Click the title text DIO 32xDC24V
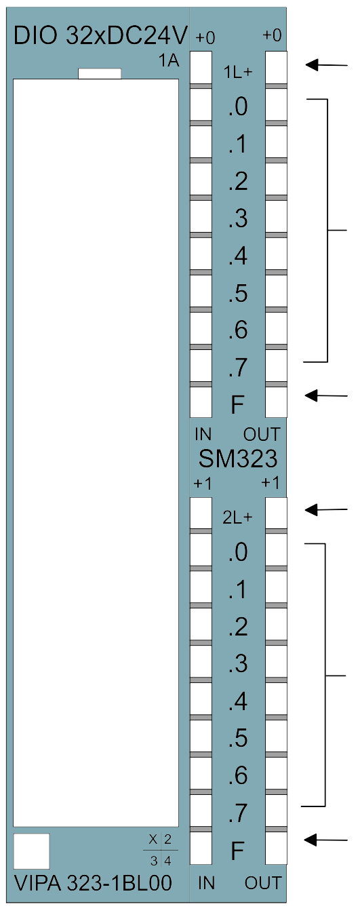pyautogui.click(x=100, y=36)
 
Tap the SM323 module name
pyautogui.click(x=238, y=459)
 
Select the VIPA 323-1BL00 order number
pyautogui.click(x=93, y=882)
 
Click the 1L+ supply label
pyautogui.click(x=238, y=72)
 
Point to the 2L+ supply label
pyautogui.click(x=238, y=518)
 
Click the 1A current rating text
pyautogui.click(x=169, y=60)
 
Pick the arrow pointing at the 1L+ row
pyautogui.click(x=327, y=64)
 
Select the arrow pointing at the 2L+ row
pyautogui.click(x=327, y=509)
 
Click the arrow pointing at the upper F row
pyautogui.click(x=327, y=395)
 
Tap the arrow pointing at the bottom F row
pyautogui.click(x=327, y=840)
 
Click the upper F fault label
pyautogui.click(x=238, y=404)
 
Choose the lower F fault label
pyautogui.click(x=238, y=851)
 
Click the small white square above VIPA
pyautogui.click(x=31, y=851)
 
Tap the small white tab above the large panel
pyautogui.click(x=100, y=74)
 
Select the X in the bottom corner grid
pyautogui.click(x=153, y=840)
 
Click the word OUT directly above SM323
pyautogui.click(x=262, y=434)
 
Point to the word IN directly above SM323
pyautogui.click(x=203, y=434)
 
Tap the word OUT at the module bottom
pyautogui.click(x=263, y=883)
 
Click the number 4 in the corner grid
pyautogui.click(x=167, y=861)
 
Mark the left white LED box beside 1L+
pyautogui.click(x=201, y=68)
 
